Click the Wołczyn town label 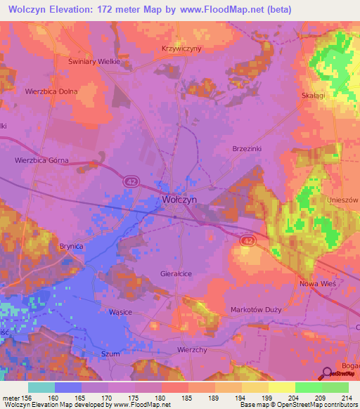179,199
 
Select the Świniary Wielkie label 95,61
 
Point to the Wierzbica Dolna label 50,91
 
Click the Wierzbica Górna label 41,160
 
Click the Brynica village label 71,246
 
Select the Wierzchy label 191,349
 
